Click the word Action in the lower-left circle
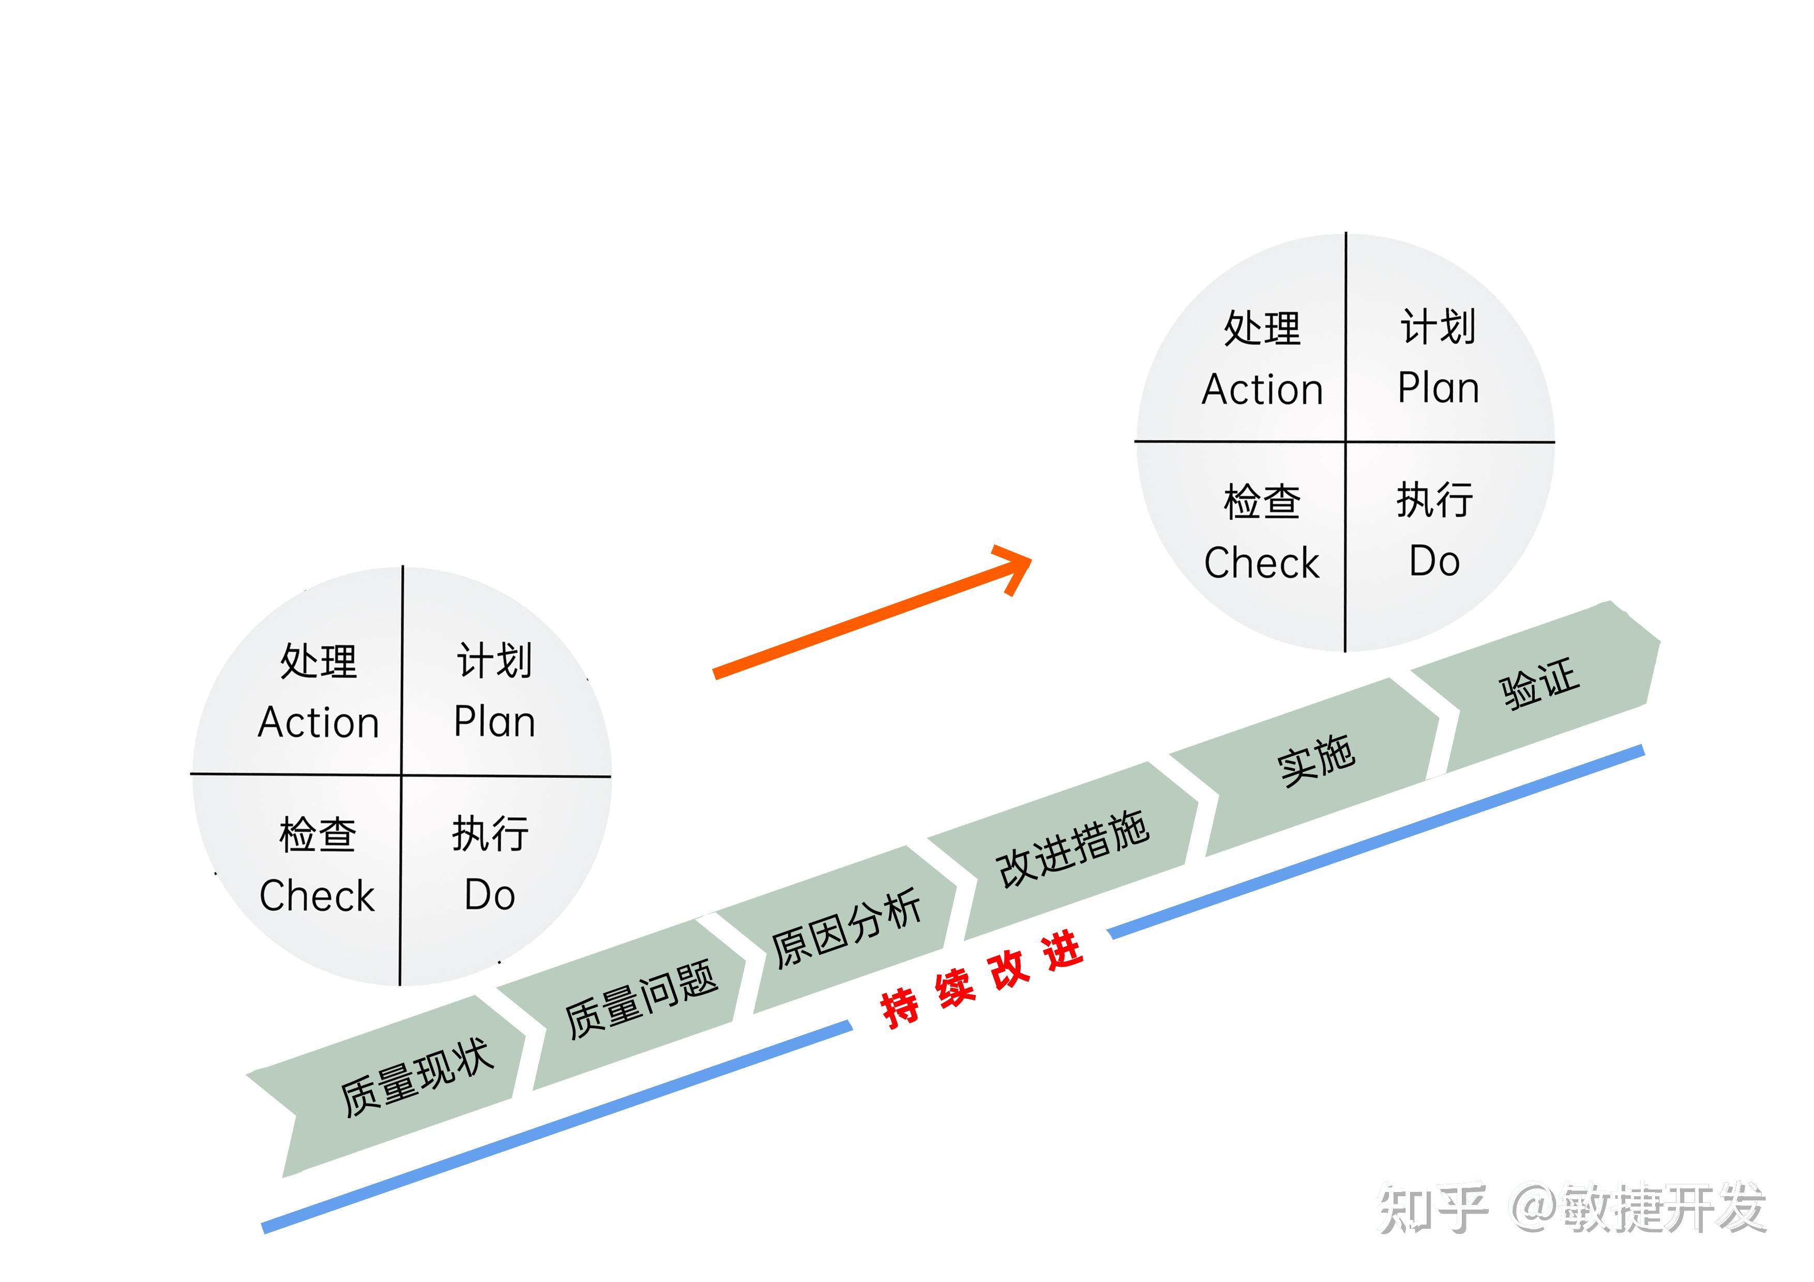click(x=319, y=723)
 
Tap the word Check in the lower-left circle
click(x=317, y=896)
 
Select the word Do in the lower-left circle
click(x=490, y=895)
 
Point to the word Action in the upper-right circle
click(x=1262, y=389)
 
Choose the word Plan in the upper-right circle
click(x=1438, y=388)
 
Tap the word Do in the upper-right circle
click(x=1434, y=561)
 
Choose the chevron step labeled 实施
click(x=1316, y=760)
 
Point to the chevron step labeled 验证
click(x=1539, y=683)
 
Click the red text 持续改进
click(x=981, y=980)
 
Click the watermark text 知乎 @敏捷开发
click(x=1572, y=1209)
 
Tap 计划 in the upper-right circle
click(x=1438, y=326)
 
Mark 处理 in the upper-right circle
click(x=1262, y=328)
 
